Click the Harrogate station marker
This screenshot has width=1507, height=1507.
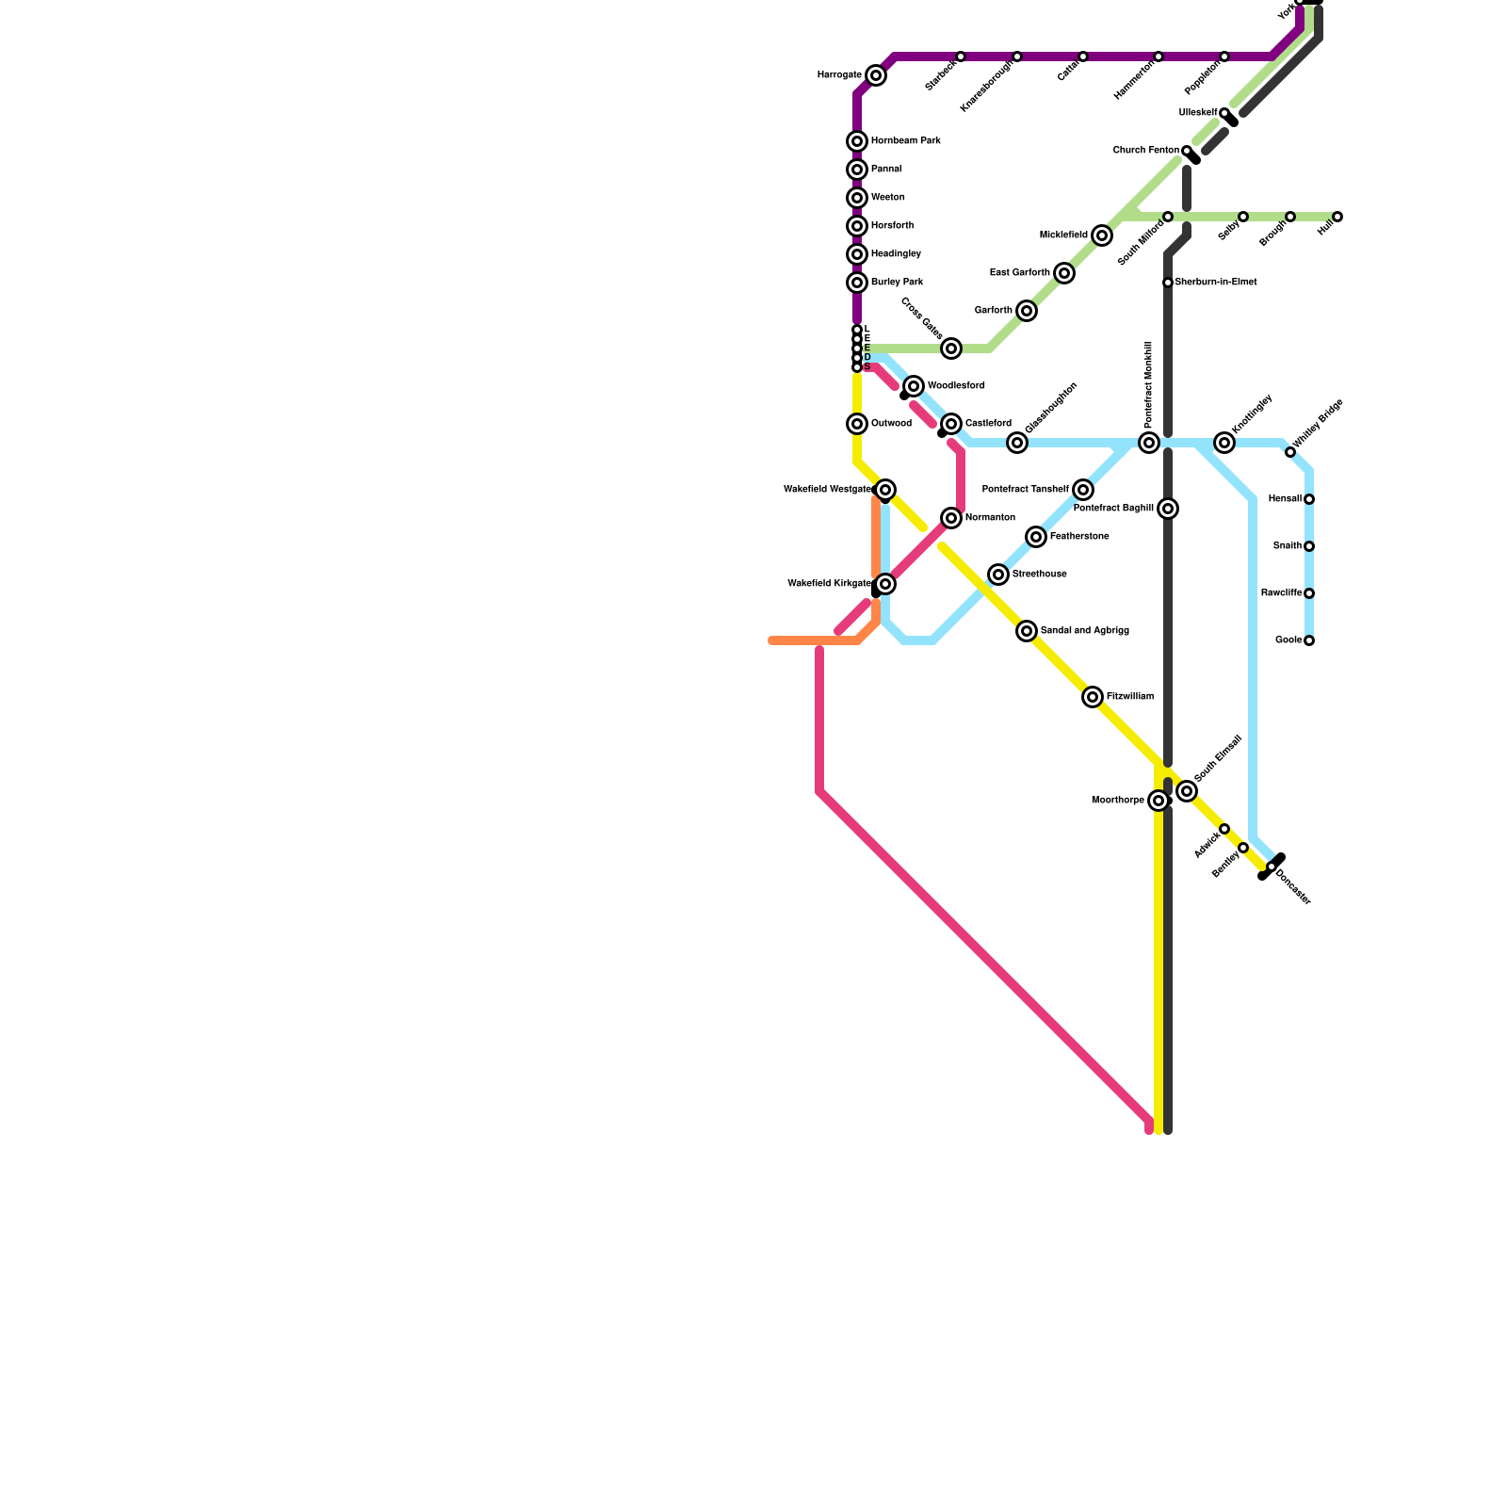(876, 75)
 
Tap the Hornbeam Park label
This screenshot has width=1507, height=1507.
(905, 141)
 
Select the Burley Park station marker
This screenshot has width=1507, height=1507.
(857, 283)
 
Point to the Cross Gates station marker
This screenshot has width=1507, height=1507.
(951, 348)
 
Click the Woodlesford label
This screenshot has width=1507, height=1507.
(956, 386)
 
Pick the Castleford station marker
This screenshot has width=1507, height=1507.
(951, 424)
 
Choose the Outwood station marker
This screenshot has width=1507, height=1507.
(857, 424)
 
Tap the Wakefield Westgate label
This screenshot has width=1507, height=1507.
(827, 490)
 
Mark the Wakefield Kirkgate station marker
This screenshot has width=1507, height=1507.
(885, 584)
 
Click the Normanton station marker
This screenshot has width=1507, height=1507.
(951, 518)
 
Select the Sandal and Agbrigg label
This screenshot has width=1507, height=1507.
(1084, 631)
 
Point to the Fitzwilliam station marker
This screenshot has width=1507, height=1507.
(1093, 697)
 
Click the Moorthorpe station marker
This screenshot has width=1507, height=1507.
(1159, 801)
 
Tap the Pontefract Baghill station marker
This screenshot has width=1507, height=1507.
(1168, 509)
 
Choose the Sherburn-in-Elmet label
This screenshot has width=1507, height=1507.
(1215, 283)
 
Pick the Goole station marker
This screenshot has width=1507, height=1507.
(1309, 640)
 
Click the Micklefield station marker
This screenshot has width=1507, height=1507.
(1102, 235)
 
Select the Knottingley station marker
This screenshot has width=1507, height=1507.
(1224, 443)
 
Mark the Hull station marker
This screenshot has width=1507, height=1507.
(1337, 217)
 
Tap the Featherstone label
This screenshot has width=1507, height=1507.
(1078, 537)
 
